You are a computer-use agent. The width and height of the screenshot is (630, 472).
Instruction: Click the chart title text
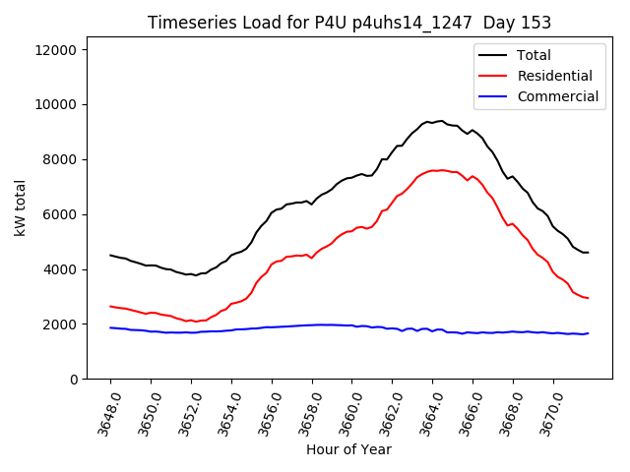349,23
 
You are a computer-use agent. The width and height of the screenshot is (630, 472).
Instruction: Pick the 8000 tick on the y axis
65,159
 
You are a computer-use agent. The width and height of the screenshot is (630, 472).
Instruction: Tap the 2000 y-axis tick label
65,324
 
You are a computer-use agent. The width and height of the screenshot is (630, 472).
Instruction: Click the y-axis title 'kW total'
20,208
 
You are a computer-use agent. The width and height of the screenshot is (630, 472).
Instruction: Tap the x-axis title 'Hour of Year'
348,449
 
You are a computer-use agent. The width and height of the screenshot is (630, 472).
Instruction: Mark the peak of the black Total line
440,121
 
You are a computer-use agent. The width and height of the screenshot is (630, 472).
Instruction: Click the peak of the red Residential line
441,170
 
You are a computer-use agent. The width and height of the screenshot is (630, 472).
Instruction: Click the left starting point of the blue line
110,327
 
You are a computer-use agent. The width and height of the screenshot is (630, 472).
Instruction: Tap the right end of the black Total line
588,253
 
